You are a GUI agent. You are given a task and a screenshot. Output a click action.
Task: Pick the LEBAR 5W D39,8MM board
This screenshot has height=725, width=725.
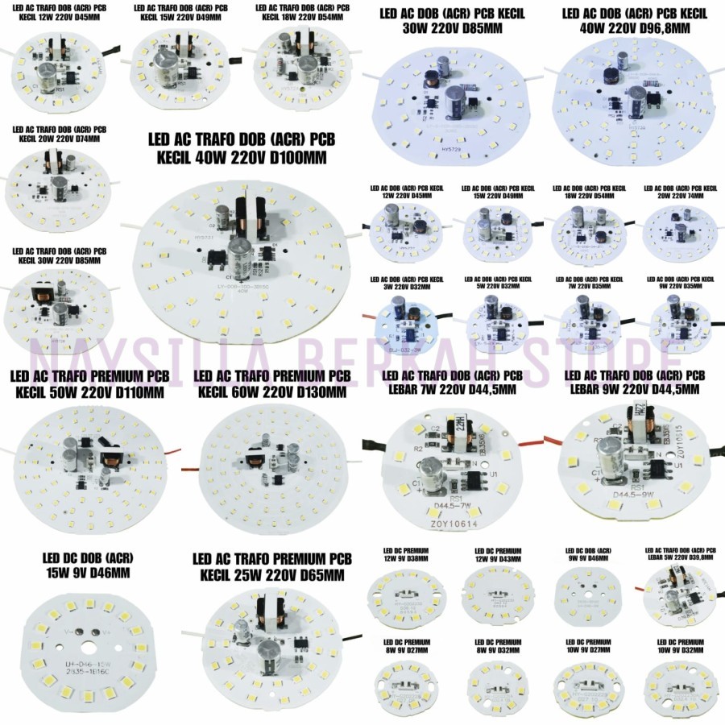(681, 596)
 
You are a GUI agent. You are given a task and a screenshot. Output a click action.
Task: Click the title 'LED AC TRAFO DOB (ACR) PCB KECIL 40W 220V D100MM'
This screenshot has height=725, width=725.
(242, 148)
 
